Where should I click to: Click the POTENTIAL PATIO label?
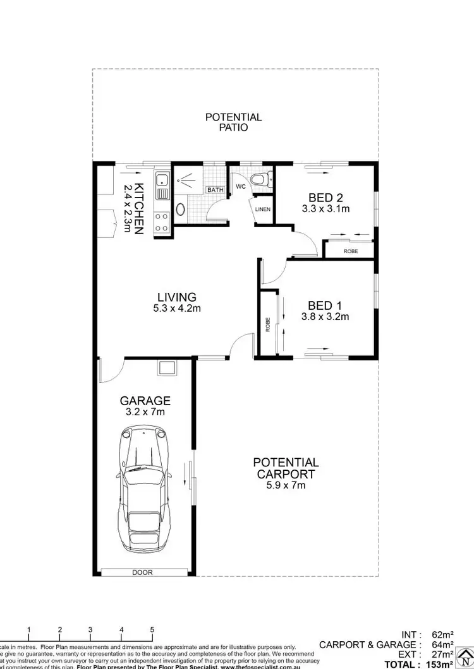(233, 122)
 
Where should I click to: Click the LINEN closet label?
(263, 210)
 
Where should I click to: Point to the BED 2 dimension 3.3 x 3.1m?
(327, 209)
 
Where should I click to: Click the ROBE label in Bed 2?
(350, 251)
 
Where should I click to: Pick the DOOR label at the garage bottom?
(146, 572)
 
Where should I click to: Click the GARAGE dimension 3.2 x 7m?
(146, 412)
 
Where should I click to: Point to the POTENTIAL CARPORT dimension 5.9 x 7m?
(286, 485)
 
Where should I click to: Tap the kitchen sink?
(162, 184)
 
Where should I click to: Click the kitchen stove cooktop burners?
(162, 221)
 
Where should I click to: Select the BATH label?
(215, 189)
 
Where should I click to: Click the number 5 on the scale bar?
(152, 630)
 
